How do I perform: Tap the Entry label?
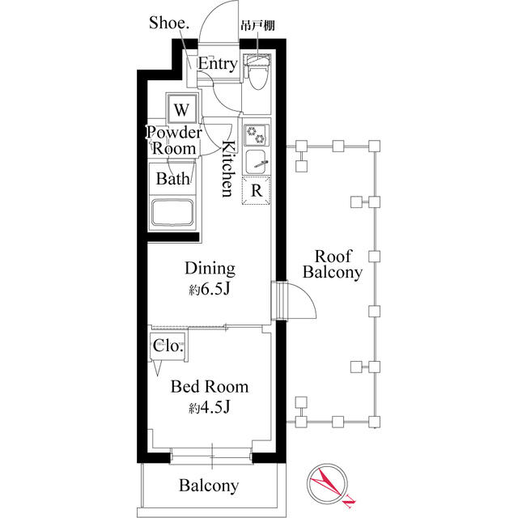click(x=218, y=64)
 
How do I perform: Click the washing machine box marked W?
click(x=182, y=108)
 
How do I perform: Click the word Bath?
click(x=172, y=178)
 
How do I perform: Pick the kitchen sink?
click(x=257, y=161)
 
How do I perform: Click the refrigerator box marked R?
click(x=256, y=191)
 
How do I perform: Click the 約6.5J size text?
click(x=210, y=290)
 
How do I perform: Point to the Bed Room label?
click(x=209, y=386)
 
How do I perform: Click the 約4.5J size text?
click(x=210, y=408)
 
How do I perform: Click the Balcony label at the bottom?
click(x=209, y=486)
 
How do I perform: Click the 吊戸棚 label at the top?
click(x=257, y=26)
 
